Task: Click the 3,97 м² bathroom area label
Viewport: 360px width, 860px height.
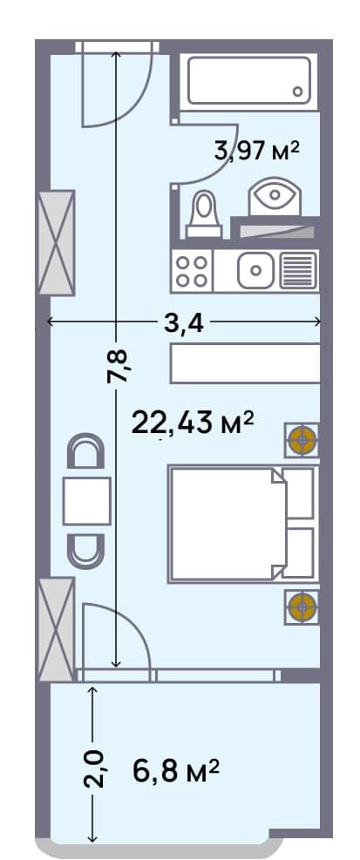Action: [x=256, y=151]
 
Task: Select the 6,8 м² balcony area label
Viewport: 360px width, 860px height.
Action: [x=175, y=770]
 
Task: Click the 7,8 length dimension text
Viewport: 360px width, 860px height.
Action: [x=118, y=366]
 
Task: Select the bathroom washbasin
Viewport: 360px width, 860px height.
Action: [x=274, y=197]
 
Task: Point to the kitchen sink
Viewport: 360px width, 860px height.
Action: [x=256, y=270]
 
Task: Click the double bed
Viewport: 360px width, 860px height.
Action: [x=229, y=524]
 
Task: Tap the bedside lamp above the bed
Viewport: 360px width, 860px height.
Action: [x=302, y=441]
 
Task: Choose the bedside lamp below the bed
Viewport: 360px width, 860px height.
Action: [x=302, y=606]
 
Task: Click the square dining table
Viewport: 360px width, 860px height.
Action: [x=86, y=500]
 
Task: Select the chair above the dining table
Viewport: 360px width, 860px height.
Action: [x=86, y=453]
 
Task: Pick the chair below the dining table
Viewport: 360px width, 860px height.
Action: [x=86, y=546]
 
